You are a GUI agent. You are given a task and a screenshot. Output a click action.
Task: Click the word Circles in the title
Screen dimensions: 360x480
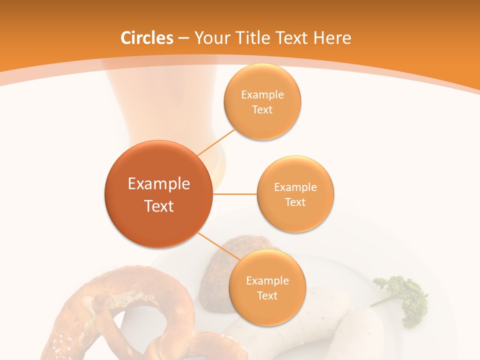tap(147, 38)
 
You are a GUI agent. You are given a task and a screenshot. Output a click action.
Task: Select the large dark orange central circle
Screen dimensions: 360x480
tap(158, 194)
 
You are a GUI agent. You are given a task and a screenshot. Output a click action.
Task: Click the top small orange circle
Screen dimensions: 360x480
tap(262, 101)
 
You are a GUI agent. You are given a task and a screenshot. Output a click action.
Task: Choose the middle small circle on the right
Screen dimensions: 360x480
tap(295, 194)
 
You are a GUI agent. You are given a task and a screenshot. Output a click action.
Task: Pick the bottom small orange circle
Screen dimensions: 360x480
tap(267, 287)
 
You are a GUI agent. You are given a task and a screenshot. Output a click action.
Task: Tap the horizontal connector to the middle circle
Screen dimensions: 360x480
tap(234, 194)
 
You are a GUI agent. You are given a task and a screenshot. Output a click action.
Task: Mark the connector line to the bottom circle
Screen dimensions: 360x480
tap(217, 246)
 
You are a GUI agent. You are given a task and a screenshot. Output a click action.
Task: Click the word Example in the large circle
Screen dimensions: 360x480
tap(158, 183)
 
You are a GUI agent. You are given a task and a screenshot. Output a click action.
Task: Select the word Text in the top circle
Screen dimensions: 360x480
tap(262, 109)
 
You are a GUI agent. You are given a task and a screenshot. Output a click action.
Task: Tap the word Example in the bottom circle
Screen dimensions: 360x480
tap(267, 280)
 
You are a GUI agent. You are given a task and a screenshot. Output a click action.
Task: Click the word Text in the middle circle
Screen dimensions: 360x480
tap(295, 202)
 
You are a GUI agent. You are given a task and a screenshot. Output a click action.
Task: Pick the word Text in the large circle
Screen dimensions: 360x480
tap(158, 205)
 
